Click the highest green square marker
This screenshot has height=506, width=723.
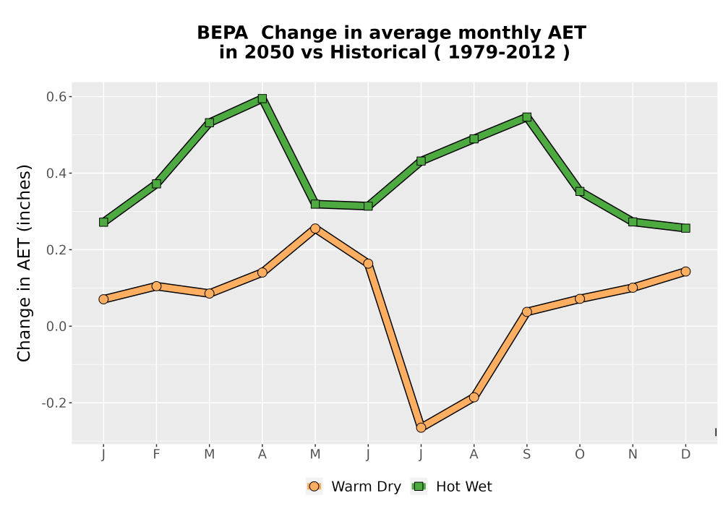coord(262,98)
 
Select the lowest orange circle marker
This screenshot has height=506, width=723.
coord(421,428)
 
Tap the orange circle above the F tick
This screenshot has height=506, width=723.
coord(156,286)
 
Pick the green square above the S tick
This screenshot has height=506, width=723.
coord(527,117)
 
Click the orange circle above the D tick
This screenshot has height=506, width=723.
coord(685,272)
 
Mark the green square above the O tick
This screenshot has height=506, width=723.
coord(580,192)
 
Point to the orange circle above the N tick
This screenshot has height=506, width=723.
coord(633,288)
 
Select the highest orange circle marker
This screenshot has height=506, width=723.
coord(315,228)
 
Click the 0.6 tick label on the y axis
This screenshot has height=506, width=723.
coord(56,97)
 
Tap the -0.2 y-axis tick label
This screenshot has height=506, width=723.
coord(54,403)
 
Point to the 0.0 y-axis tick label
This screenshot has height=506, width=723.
coord(56,327)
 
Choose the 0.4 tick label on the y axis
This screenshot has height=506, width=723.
coord(56,173)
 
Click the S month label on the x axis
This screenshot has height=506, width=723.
coord(527,455)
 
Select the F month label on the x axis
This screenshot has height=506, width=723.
coord(156,455)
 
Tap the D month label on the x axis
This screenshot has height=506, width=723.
coord(685,455)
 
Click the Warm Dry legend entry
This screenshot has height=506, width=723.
coord(354,486)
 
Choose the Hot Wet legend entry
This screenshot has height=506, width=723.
coord(451,486)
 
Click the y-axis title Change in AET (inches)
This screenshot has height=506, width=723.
coord(24,262)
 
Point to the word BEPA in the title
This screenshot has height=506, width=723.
coord(222,33)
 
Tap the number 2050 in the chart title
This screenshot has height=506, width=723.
coord(269,53)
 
